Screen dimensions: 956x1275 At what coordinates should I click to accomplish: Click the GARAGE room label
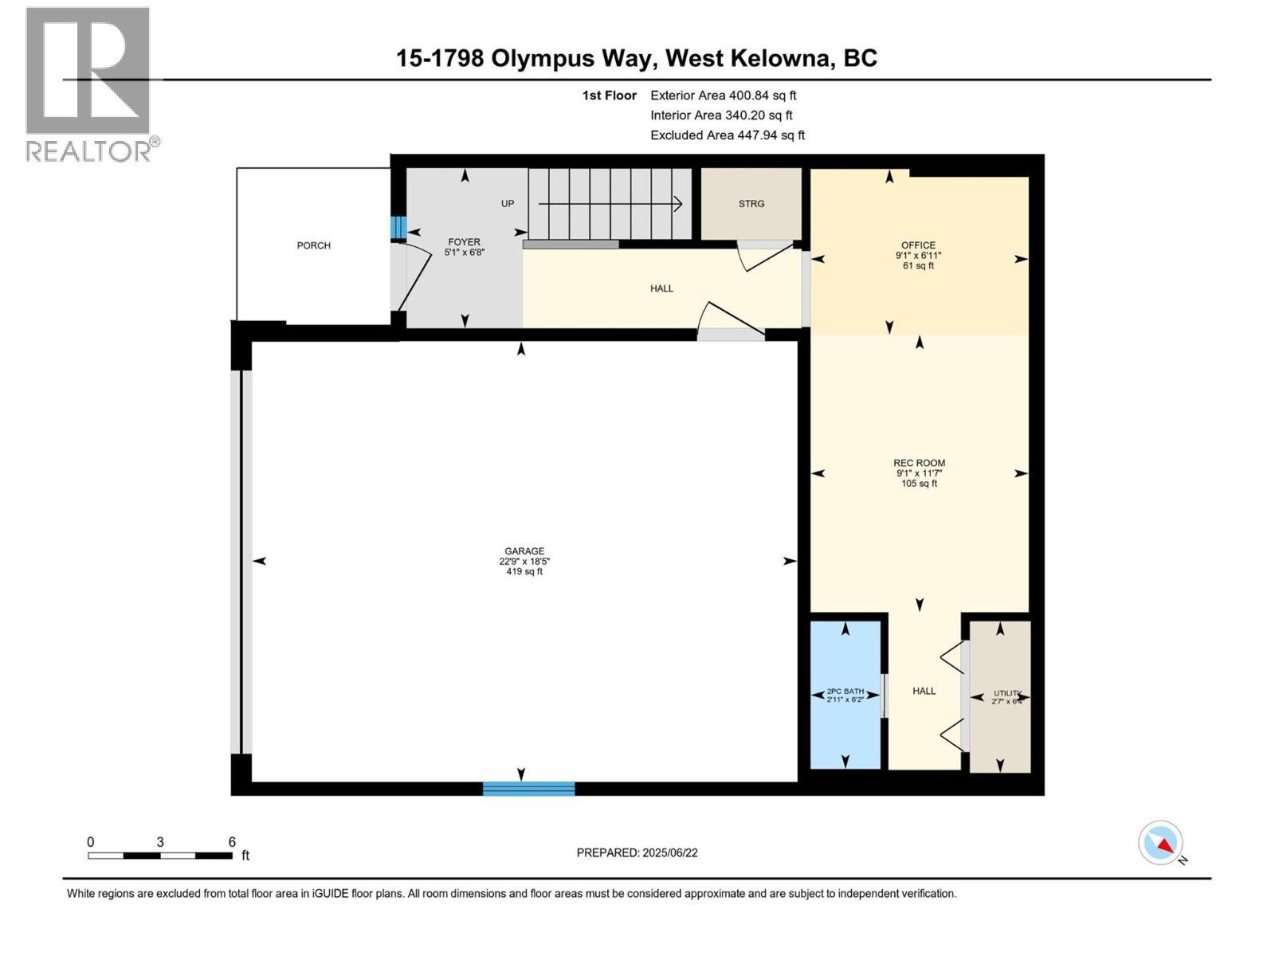coord(524,550)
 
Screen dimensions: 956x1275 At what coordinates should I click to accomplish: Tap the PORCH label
coord(313,245)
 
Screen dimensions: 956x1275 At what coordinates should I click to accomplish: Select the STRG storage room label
coord(751,204)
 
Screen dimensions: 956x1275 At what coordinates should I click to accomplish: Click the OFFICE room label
coord(918,245)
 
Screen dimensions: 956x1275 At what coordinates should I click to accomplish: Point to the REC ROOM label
coord(919,463)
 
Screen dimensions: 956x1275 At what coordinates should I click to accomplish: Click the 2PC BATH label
coord(845,691)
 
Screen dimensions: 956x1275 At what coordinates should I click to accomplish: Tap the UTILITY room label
coord(1006,693)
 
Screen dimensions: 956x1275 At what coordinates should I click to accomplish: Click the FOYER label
coord(464,242)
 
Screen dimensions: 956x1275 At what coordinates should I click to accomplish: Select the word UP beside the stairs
coord(508,204)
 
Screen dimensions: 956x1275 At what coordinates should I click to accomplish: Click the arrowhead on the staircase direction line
coord(678,204)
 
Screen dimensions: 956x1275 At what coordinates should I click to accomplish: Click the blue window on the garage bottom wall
coord(528,789)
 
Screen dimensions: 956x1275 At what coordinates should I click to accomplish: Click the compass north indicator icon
coord(1161,843)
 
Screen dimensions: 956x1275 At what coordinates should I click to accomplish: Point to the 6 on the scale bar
coord(232,842)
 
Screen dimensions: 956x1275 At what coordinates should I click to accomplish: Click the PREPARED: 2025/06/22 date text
coord(637,852)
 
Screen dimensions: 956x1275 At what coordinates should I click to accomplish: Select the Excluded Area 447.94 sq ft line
coord(727,135)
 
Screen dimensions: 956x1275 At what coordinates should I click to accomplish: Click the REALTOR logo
coord(89,84)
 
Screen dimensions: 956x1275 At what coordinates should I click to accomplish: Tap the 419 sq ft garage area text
coord(524,571)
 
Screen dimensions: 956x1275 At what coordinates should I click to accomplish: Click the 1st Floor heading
coord(609,96)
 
